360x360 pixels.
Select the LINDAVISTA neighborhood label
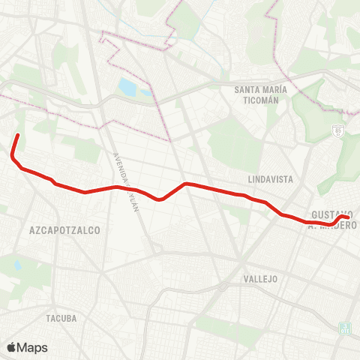coord(270,180)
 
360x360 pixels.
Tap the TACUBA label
coord(61,318)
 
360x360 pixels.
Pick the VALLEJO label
coord(261,278)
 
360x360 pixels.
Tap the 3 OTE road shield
coord(345,328)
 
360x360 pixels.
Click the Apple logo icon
coord(12,347)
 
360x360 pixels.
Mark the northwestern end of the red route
coord(17,135)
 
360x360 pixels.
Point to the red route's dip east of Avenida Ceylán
coord(159,199)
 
